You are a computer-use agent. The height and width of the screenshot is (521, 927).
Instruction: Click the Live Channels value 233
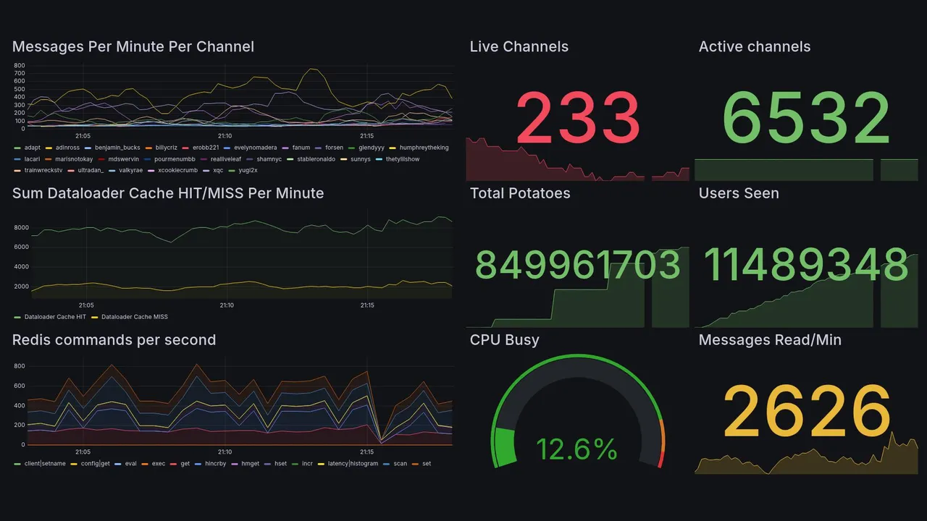point(578,119)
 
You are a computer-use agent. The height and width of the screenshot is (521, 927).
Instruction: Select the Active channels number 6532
point(806,119)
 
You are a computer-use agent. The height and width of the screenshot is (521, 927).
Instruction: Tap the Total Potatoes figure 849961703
point(577,265)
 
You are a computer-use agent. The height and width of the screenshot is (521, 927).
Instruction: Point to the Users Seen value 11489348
point(806,265)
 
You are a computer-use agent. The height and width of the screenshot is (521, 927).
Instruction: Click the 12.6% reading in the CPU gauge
point(576,449)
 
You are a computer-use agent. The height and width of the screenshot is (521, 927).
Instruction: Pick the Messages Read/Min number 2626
point(806,412)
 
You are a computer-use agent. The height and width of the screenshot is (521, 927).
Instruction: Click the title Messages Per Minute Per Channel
point(133,47)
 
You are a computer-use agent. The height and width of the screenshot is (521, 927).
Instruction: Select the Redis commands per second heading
point(114,340)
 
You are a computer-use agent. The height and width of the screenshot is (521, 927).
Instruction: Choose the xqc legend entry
point(218,171)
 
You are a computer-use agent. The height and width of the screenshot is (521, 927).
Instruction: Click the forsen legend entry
point(334,148)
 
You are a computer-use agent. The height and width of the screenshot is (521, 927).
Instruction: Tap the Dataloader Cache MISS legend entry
point(134,317)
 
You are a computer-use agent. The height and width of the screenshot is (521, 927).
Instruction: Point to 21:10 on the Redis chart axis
point(225,452)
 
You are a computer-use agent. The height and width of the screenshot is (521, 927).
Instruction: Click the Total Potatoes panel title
point(520,193)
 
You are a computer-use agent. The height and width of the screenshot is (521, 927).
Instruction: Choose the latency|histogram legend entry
point(353,464)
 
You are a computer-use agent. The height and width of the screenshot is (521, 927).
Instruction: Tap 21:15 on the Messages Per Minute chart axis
point(366,136)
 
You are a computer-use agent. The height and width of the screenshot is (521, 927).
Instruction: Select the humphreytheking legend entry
point(423,148)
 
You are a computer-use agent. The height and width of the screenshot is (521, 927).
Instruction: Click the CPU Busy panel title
point(504,340)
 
